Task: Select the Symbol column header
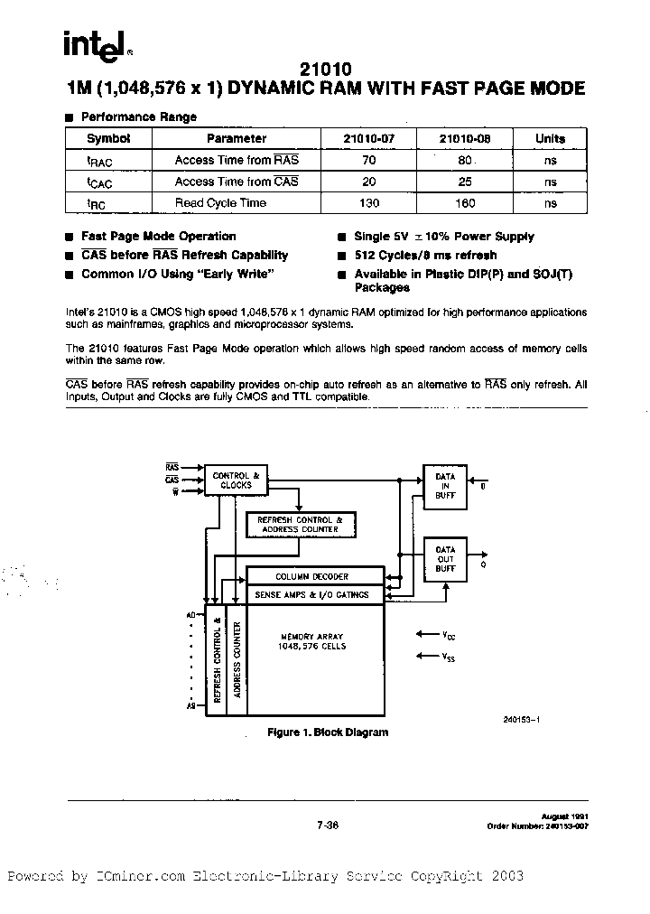pos(108,138)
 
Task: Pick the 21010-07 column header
pos(368,138)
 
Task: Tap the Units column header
pos(550,138)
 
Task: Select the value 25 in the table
pos(464,182)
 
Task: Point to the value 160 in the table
pos(464,203)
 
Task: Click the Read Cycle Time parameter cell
pos(220,203)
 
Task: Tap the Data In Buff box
pos(445,487)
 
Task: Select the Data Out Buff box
pos(445,559)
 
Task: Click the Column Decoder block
pos(312,576)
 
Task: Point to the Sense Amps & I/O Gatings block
pos(312,595)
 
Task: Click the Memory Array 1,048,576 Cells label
pos(312,641)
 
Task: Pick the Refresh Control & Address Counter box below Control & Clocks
pos(301,525)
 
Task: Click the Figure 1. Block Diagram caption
pos(327,732)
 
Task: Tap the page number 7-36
pos(327,824)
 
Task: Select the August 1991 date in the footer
pos(565,816)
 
